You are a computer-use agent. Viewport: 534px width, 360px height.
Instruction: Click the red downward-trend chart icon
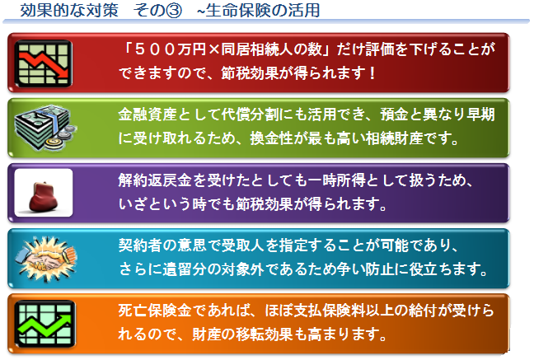(43, 63)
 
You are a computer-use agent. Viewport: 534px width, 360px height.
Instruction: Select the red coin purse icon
(44, 197)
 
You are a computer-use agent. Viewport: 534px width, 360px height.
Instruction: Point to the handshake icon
(47, 259)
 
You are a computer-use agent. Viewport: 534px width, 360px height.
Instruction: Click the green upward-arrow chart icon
(44, 324)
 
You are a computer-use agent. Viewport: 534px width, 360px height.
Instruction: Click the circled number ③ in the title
(174, 10)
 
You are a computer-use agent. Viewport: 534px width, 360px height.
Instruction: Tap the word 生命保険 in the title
(239, 10)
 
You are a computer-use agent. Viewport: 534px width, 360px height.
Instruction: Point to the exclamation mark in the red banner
(373, 72)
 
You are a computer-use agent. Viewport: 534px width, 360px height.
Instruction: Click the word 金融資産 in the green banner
(148, 115)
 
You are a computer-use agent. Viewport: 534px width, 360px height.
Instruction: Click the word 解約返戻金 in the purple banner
(155, 180)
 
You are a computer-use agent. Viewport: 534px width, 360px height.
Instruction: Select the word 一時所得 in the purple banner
(337, 180)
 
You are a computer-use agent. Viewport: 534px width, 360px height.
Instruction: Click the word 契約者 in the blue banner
(140, 245)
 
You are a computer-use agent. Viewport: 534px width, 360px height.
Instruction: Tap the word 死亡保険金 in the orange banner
(155, 311)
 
